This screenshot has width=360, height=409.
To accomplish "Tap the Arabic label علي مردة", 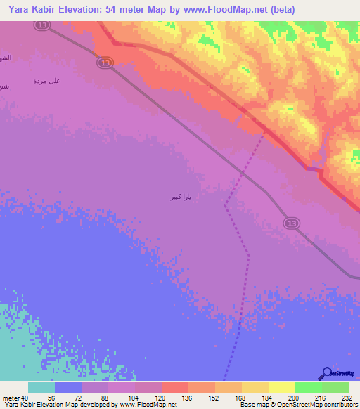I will (46, 81).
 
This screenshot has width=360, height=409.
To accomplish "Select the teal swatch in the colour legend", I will (41, 387).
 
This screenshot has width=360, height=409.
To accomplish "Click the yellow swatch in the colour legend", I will (281, 387).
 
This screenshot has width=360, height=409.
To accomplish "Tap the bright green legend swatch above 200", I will (308, 387).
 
